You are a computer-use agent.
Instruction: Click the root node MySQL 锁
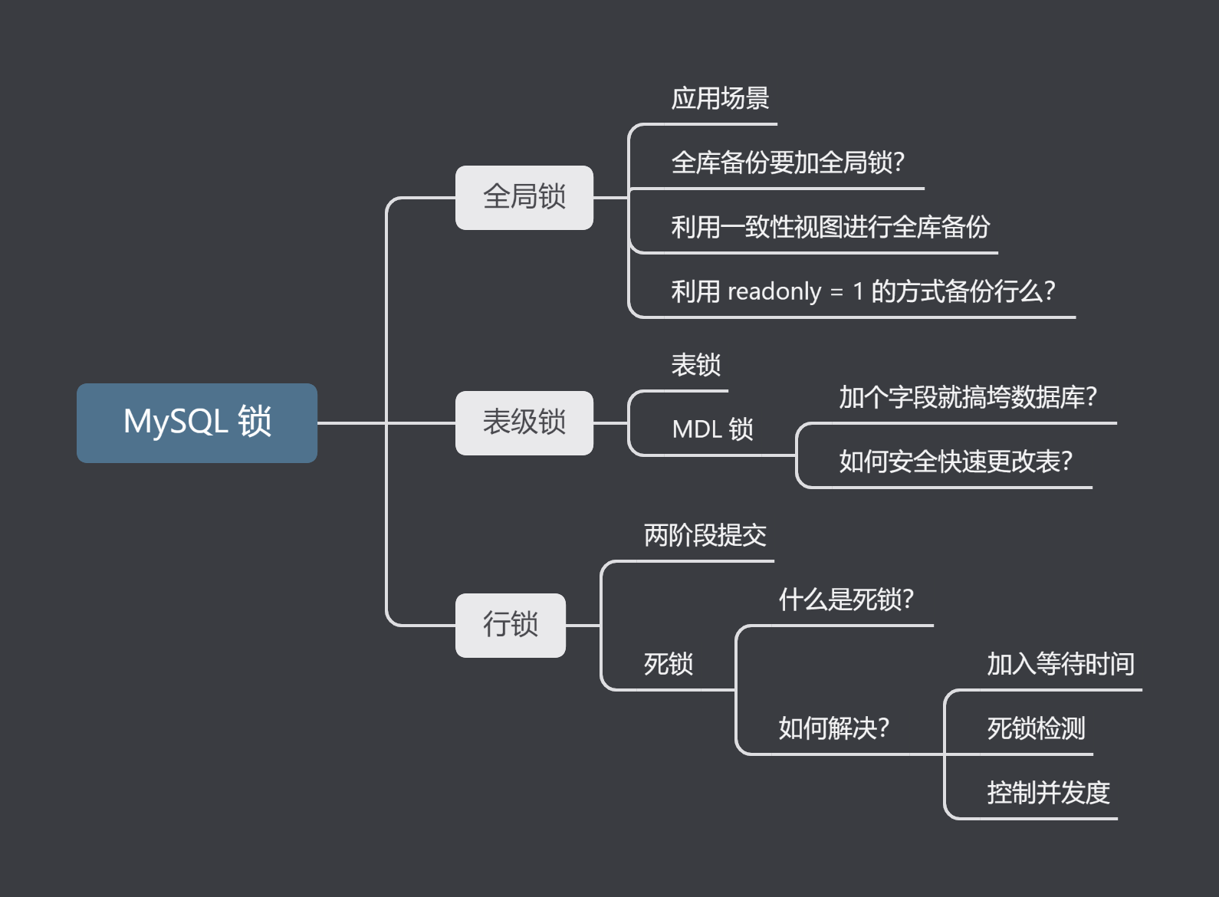coord(197,422)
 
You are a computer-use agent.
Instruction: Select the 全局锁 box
coord(524,197)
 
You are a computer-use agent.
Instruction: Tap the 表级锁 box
coord(524,422)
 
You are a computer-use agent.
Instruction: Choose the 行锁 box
coord(510,625)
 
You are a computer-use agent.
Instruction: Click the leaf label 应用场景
coord(720,99)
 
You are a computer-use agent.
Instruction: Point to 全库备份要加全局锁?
coord(787,163)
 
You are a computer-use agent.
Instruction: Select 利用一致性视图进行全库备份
coord(830,227)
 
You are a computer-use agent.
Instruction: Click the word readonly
coord(774,291)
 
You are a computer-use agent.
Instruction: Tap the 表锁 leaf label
coord(695,365)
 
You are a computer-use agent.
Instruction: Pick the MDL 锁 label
coord(712,429)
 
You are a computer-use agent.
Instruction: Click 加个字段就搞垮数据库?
coord(968,397)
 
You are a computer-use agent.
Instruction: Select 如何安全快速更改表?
coord(955,462)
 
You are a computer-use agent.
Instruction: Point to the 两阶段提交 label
coord(705,535)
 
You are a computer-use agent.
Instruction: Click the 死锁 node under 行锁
coord(668,664)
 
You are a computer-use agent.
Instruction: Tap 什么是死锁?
coord(846,600)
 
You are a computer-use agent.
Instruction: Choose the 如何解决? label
coord(833,728)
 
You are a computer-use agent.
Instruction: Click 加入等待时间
coord(1060,664)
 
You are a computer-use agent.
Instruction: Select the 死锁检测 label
coord(1036,728)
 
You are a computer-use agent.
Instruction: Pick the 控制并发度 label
coord(1048,793)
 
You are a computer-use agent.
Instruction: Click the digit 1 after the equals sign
coord(858,291)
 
